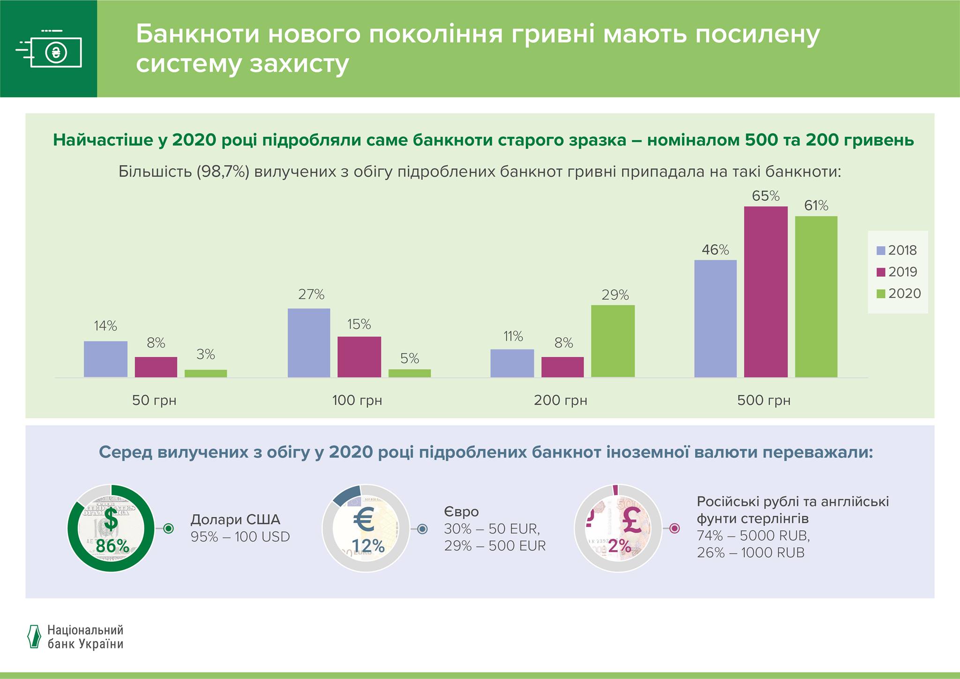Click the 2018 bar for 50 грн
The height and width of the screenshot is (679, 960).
(x=105, y=359)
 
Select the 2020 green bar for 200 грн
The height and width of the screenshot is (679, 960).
(x=613, y=341)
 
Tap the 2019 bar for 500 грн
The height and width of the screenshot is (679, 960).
(x=765, y=292)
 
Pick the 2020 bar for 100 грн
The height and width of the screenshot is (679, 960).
(x=409, y=373)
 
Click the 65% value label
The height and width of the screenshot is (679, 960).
(x=765, y=196)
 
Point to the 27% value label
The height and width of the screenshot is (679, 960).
(x=311, y=294)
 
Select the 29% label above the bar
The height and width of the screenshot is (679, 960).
(x=615, y=295)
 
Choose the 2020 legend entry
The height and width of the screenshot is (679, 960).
(x=898, y=294)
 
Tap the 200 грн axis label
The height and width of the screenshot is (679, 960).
(x=560, y=400)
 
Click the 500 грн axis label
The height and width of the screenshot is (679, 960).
(x=764, y=400)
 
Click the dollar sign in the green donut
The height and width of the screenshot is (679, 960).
(x=111, y=519)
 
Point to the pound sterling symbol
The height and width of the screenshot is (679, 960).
(x=632, y=521)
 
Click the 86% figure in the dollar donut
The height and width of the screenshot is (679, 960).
(x=112, y=546)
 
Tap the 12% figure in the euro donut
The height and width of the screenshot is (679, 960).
(x=368, y=546)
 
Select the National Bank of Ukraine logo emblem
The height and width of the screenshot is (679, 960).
(x=34, y=637)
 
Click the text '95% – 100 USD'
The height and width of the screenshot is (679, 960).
(x=240, y=537)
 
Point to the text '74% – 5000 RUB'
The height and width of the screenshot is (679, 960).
(x=753, y=536)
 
